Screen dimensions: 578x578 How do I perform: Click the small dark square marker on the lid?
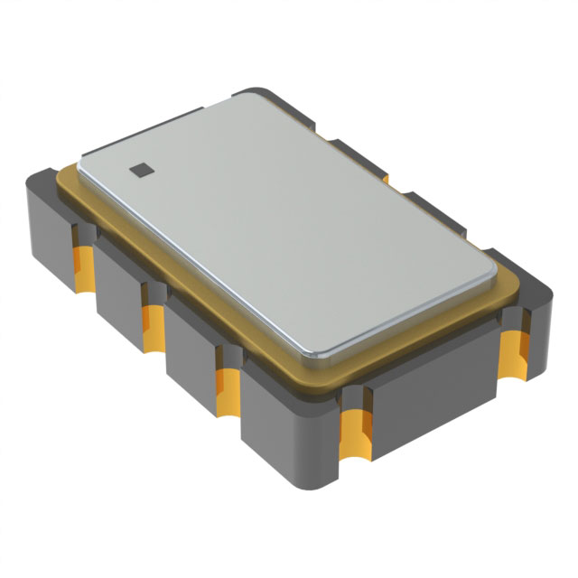[139, 167]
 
